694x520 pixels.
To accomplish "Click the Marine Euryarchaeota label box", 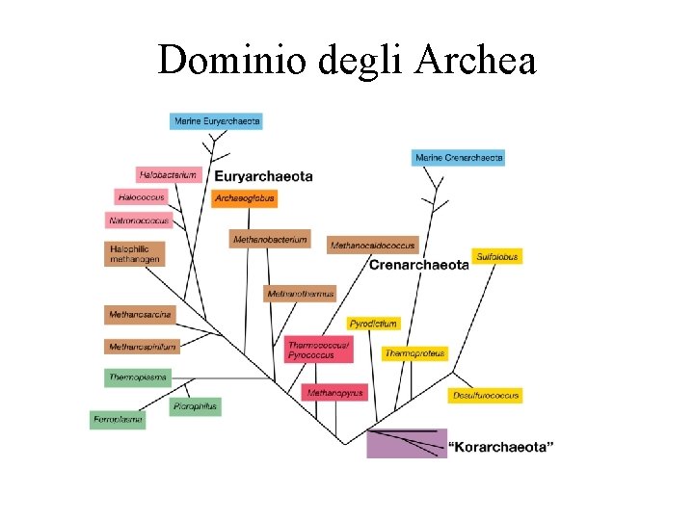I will point(216,121).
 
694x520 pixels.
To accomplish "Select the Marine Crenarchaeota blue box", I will point(458,157).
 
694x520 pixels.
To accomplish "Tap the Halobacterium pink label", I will point(168,175).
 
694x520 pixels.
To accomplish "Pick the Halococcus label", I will point(140,197).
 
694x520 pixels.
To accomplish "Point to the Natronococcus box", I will point(139,221).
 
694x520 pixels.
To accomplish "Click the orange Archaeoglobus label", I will point(245,198).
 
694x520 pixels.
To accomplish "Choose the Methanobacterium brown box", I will point(270,239).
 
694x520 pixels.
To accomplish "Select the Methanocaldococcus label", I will point(372,246).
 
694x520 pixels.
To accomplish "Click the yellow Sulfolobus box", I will point(497,256).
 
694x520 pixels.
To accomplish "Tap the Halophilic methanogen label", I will point(135,253).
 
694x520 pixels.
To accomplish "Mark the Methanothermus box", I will point(300,294).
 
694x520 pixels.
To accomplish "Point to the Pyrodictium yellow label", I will point(373,324).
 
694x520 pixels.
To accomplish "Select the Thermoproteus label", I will point(415,353).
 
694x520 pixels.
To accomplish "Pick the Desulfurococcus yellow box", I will point(486,395).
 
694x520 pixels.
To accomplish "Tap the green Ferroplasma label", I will point(118,419).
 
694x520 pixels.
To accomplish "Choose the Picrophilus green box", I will point(196,406).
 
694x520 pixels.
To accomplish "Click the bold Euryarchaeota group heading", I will point(263,176).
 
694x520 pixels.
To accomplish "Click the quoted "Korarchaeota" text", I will point(502,446).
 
